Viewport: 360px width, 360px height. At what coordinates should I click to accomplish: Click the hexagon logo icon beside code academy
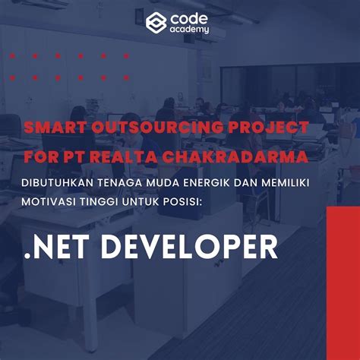(156, 22)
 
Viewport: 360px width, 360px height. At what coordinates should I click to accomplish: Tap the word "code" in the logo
(188, 17)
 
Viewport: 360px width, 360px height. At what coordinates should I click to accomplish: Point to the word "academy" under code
(189, 30)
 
